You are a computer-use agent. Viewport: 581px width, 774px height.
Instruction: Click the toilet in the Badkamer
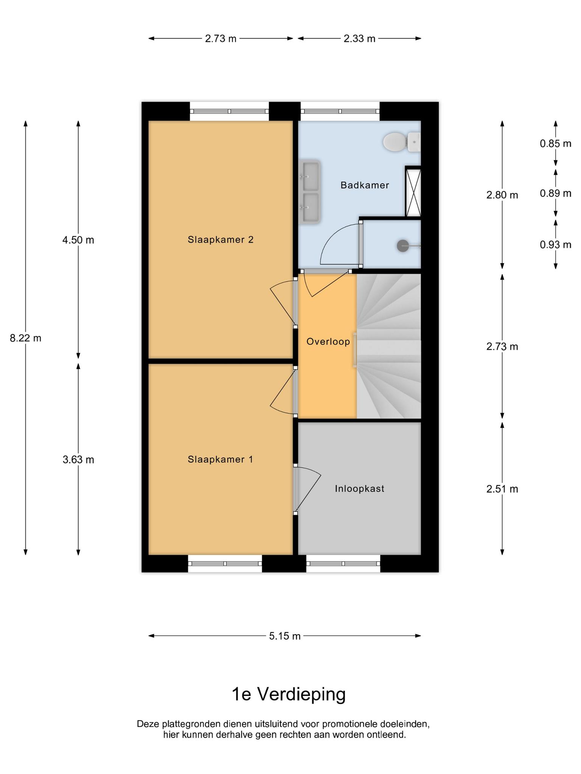click(401, 142)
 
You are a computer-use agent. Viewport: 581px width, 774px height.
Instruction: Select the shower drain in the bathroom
click(402, 246)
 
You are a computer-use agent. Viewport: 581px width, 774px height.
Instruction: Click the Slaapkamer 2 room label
click(221, 240)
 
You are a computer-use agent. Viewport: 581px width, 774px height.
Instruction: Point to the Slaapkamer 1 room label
click(221, 459)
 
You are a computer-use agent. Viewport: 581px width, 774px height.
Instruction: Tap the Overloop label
click(328, 342)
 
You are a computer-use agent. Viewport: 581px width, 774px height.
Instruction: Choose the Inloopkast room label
click(359, 489)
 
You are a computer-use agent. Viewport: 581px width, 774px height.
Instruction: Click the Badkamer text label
click(365, 185)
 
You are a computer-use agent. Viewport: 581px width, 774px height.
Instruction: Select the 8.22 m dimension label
click(26, 338)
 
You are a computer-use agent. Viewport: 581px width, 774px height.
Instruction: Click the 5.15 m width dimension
click(285, 636)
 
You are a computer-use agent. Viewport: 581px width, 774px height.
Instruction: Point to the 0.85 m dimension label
click(555, 144)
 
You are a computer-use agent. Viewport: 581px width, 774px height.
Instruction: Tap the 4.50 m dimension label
click(78, 240)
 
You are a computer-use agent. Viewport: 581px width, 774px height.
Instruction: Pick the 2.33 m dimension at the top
click(359, 39)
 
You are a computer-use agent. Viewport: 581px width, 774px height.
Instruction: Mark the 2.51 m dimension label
click(502, 489)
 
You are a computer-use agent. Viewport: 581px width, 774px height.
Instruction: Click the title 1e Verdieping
click(289, 694)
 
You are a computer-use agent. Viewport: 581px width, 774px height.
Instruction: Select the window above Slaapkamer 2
click(229, 111)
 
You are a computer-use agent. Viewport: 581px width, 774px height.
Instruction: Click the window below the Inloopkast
click(343, 563)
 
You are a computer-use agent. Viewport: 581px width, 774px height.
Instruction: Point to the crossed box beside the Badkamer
click(413, 193)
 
